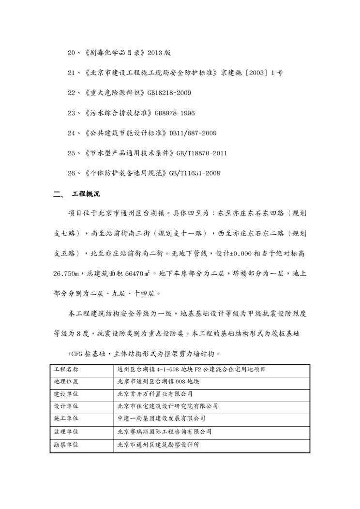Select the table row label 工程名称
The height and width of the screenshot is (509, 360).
point(65,370)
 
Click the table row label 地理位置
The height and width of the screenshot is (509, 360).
point(65,382)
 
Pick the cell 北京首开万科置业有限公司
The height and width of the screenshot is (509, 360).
point(155,394)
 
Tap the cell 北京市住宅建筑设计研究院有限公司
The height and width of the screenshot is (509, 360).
point(167,406)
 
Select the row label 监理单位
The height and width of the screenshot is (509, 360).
point(65,431)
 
